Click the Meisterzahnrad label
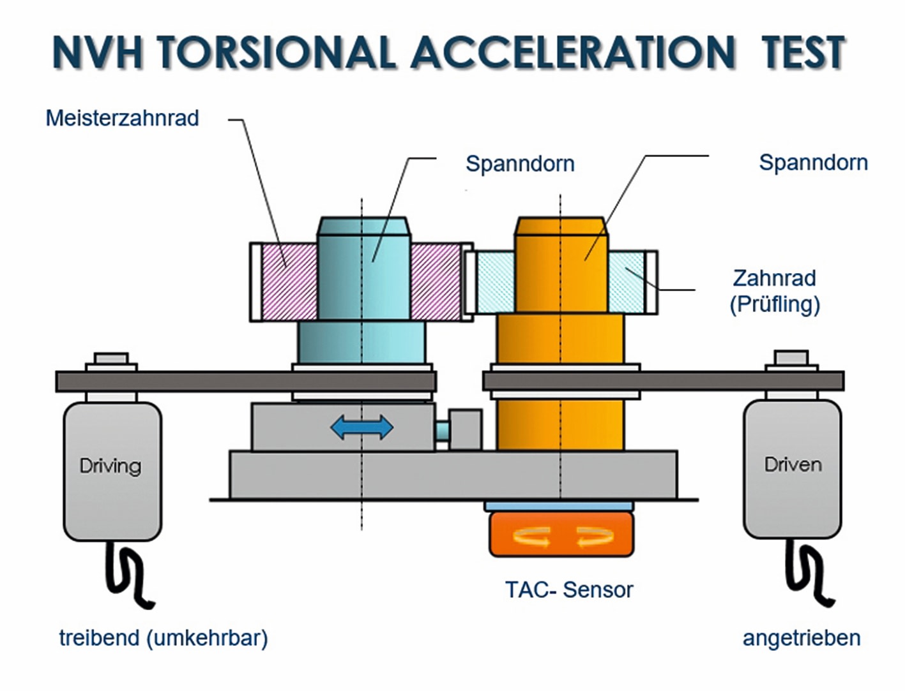pos(122,118)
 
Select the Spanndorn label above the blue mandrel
pos(520,163)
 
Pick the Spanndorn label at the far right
pos(813,163)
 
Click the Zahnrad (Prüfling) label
pos(775,292)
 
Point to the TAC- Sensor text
pos(569,590)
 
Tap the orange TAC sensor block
pos(561,534)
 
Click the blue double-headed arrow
pos(361,427)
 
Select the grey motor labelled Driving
pos(112,472)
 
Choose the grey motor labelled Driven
pos(792,470)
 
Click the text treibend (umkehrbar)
pos(164,638)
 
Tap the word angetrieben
pos(802,638)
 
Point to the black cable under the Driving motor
pos(128,576)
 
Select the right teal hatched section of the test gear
pos(626,282)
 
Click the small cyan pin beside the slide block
pos(441,431)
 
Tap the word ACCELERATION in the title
pos(573,53)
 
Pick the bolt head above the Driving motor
pos(111,359)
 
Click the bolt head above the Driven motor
pos(791,357)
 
